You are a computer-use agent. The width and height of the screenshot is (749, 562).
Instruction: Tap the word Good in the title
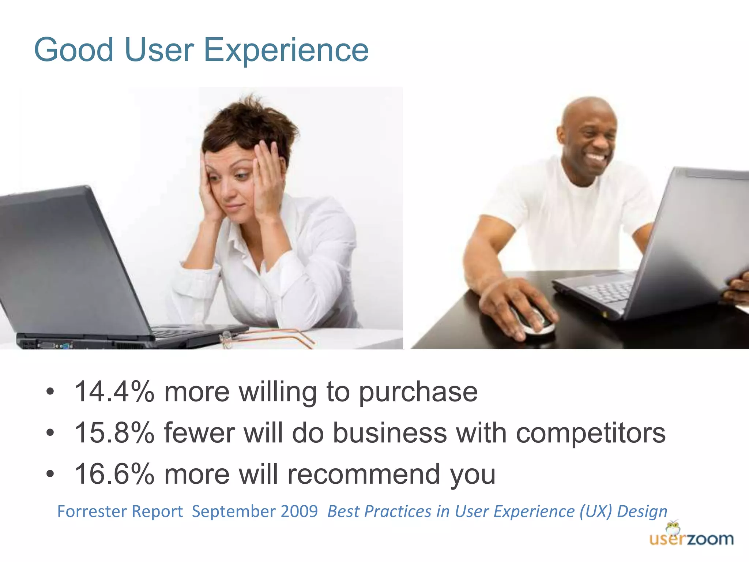pyautogui.click(x=74, y=50)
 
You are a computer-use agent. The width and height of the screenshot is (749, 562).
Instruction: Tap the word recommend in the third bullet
pyautogui.click(x=364, y=474)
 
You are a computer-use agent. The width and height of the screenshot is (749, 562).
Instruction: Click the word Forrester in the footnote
pyautogui.click(x=93, y=512)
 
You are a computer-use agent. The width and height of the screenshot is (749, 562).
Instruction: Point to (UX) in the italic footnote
pyautogui.click(x=595, y=512)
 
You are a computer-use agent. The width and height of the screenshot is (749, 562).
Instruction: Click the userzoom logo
pyautogui.click(x=691, y=536)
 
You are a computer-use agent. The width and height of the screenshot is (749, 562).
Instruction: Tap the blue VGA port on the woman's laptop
pyautogui.click(x=65, y=345)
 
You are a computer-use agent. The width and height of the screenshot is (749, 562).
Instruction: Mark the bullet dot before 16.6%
pyautogui.click(x=50, y=474)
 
